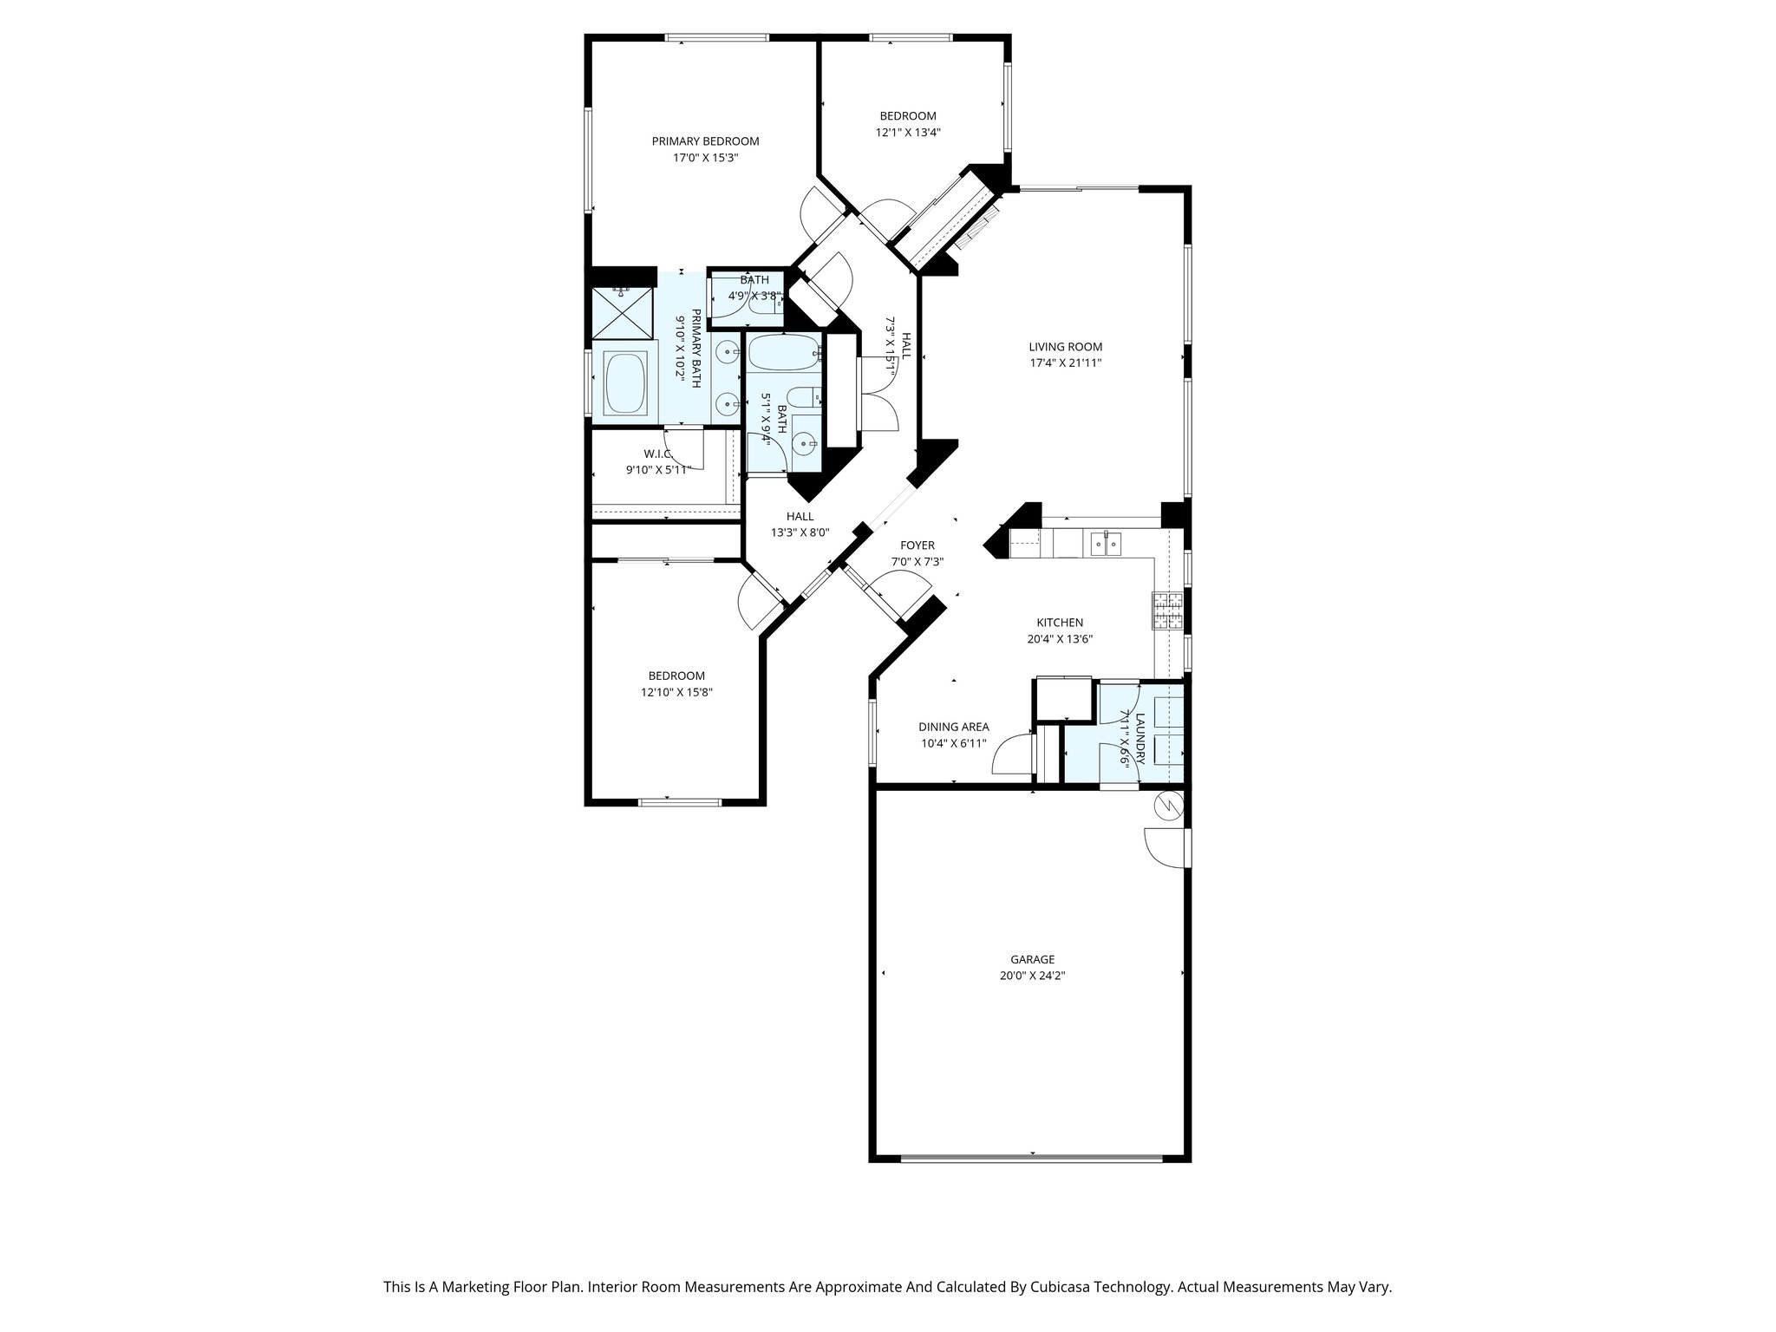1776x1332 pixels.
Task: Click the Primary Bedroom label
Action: point(705,141)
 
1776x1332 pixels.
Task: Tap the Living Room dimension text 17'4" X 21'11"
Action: point(1065,363)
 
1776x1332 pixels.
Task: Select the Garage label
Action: point(1032,959)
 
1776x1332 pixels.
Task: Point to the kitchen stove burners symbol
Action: point(1166,610)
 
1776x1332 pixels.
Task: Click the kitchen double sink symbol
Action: point(1105,544)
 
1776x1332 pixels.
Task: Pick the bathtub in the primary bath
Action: point(624,382)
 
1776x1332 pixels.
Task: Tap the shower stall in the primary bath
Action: point(622,312)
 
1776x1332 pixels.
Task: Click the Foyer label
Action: point(917,545)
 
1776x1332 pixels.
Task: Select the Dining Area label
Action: point(953,728)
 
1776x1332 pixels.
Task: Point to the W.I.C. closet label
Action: point(657,454)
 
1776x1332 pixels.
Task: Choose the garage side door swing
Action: point(1164,847)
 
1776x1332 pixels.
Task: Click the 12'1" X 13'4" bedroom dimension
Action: point(907,133)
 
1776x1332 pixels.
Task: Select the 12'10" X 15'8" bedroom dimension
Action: point(676,692)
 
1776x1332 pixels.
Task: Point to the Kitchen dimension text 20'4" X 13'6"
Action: point(1059,639)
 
